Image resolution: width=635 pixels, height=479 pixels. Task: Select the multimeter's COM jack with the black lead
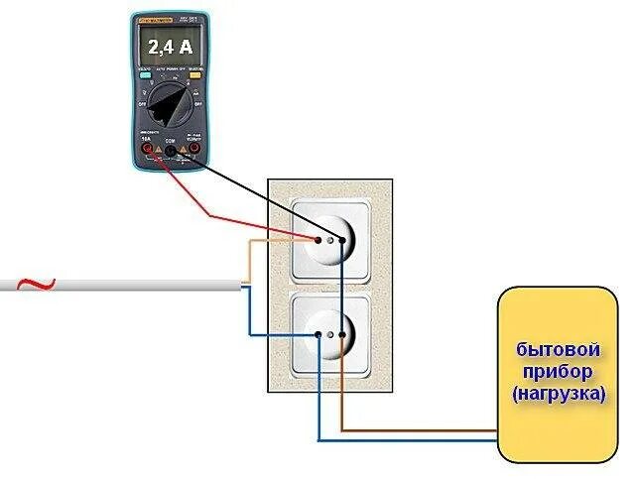[x=170, y=152]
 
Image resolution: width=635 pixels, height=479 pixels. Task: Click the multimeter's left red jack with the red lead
[x=149, y=151]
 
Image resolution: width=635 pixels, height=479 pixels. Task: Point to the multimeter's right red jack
[x=192, y=151]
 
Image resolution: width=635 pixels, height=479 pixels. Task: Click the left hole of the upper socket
[x=317, y=239]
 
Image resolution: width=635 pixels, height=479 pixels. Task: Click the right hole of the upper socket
[x=340, y=239]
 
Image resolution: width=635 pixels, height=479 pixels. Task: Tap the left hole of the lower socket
[x=317, y=334]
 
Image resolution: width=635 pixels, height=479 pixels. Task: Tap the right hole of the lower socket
[x=341, y=334]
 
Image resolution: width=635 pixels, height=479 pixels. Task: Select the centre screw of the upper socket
[x=329, y=239]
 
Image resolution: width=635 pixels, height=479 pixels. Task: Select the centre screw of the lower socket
[x=329, y=334]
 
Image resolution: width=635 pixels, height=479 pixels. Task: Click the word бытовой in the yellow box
[x=559, y=350]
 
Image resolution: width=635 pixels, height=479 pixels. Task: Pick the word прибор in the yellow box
[x=559, y=372]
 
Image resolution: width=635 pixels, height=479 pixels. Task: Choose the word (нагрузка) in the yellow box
[x=559, y=393]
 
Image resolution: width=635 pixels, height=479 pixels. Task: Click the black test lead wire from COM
[x=248, y=189]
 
